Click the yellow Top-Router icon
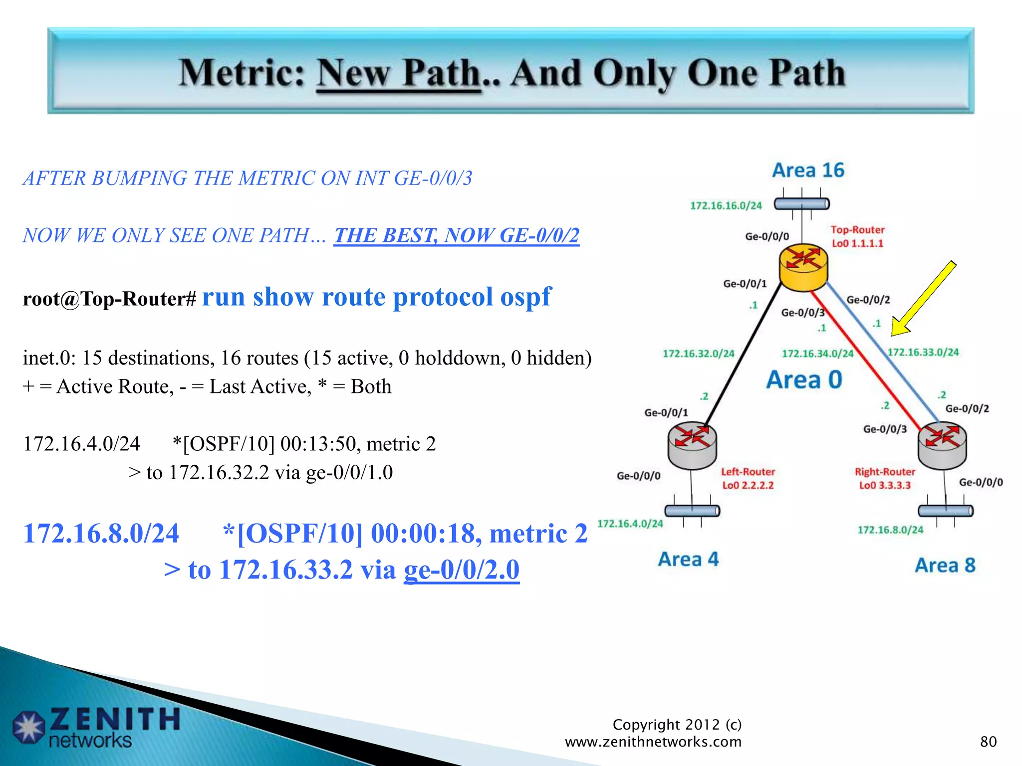803,267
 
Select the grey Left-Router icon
692,445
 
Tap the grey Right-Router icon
942,445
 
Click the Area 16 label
808,171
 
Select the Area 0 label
804,380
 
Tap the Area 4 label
688,560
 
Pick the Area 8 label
945,566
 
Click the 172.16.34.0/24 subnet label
817,354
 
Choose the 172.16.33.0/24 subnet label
923,353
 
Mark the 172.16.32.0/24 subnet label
698,354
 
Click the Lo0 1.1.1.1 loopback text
857,244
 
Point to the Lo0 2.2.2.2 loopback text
748,485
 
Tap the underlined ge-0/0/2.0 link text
462,570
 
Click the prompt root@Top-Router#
110,299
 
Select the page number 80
988,742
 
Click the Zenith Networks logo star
29,727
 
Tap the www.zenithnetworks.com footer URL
653,742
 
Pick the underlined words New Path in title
399,74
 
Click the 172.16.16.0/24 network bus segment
801,204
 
